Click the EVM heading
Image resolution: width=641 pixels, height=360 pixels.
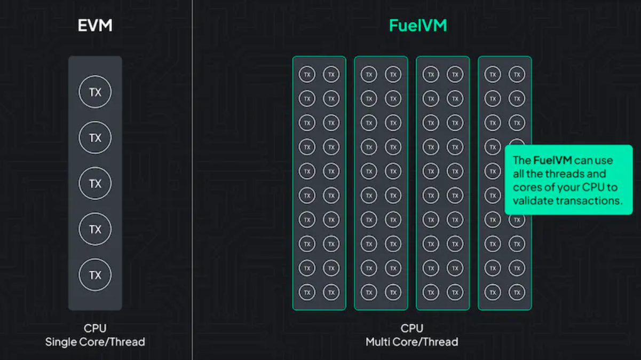point(96,25)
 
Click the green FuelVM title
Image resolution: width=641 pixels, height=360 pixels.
point(418,25)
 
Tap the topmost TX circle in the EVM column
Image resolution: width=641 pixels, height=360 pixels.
point(95,92)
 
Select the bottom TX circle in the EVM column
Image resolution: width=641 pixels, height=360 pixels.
point(95,275)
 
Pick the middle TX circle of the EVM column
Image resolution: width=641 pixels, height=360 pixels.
point(95,184)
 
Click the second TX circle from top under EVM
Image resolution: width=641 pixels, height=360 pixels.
point(95,138)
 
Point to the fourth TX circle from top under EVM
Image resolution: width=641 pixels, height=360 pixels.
point(95,229)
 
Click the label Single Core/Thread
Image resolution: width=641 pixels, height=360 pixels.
point(95,342)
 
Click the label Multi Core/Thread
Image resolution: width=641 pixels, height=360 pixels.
point(412,342)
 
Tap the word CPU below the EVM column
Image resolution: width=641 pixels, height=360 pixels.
point(95,328)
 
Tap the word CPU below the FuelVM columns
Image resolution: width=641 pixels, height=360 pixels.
point(412,328)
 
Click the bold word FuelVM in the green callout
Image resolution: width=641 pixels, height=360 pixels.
point(552,160)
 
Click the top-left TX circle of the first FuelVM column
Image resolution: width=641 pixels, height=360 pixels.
point(307,74)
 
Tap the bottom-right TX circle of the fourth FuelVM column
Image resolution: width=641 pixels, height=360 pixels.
point(517,292)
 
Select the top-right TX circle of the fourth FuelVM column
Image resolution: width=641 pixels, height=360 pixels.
point(517,74)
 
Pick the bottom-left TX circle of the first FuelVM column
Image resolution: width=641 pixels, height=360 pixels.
point(307,292)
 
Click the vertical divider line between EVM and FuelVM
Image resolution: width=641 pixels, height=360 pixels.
point(192,180)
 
